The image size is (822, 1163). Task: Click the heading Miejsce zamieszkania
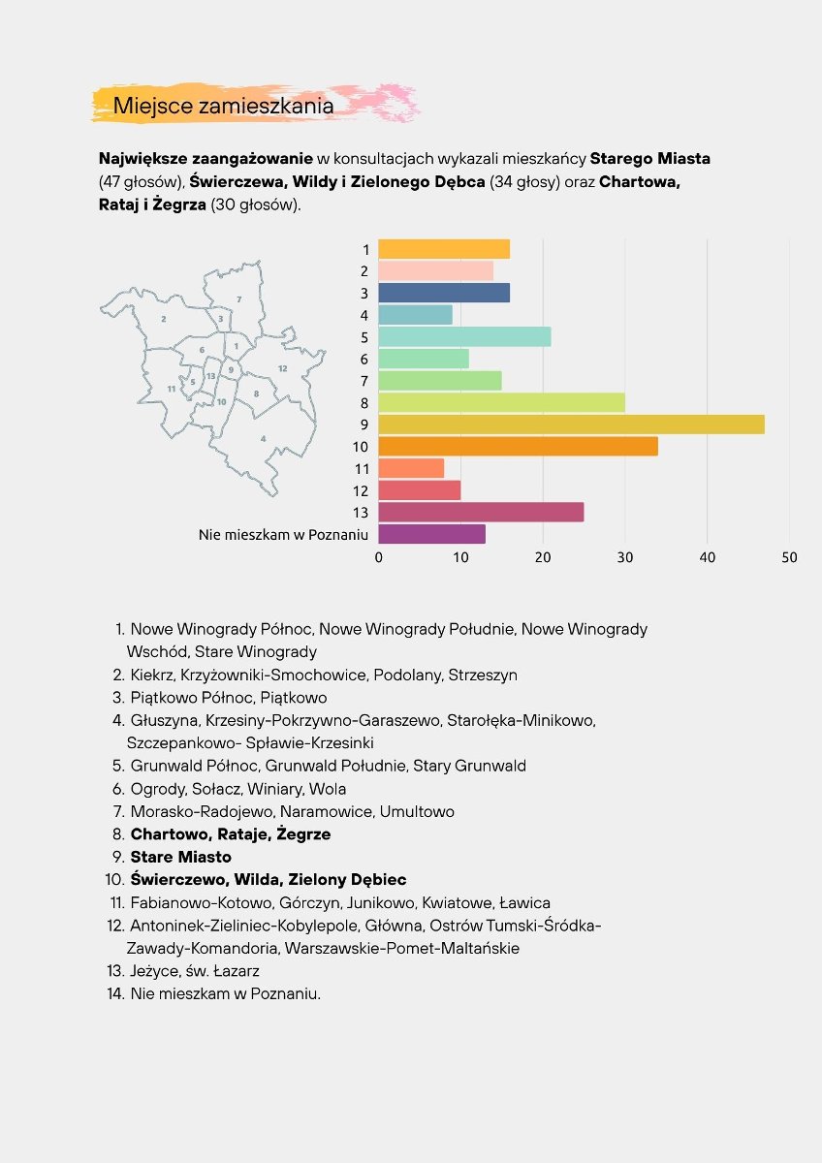point(223,106)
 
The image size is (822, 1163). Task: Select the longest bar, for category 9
point(571,424)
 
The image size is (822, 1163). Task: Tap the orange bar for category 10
point(518,447)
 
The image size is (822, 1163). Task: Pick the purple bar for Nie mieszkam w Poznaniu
point(431,534)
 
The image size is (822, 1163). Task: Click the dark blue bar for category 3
point(443,293)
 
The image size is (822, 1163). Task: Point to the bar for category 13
point(481,512)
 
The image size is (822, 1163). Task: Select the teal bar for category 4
point(415,315)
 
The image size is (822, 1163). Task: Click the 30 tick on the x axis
point(625,557)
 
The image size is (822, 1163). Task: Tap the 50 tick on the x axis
point(789,557)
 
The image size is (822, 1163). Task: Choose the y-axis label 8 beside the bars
point(364,403)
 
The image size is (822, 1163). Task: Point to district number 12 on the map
point(282,368)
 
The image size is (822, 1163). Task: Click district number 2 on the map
point(164,318)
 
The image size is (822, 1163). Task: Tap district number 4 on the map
point(262,439)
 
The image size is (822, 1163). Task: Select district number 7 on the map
point(238,299)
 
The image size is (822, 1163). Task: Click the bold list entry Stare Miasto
point(180,857)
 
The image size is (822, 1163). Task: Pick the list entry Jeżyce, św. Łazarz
point(195,970)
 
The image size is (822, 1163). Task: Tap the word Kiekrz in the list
point(152,675)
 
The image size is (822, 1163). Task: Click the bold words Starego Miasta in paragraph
point(651,158)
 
